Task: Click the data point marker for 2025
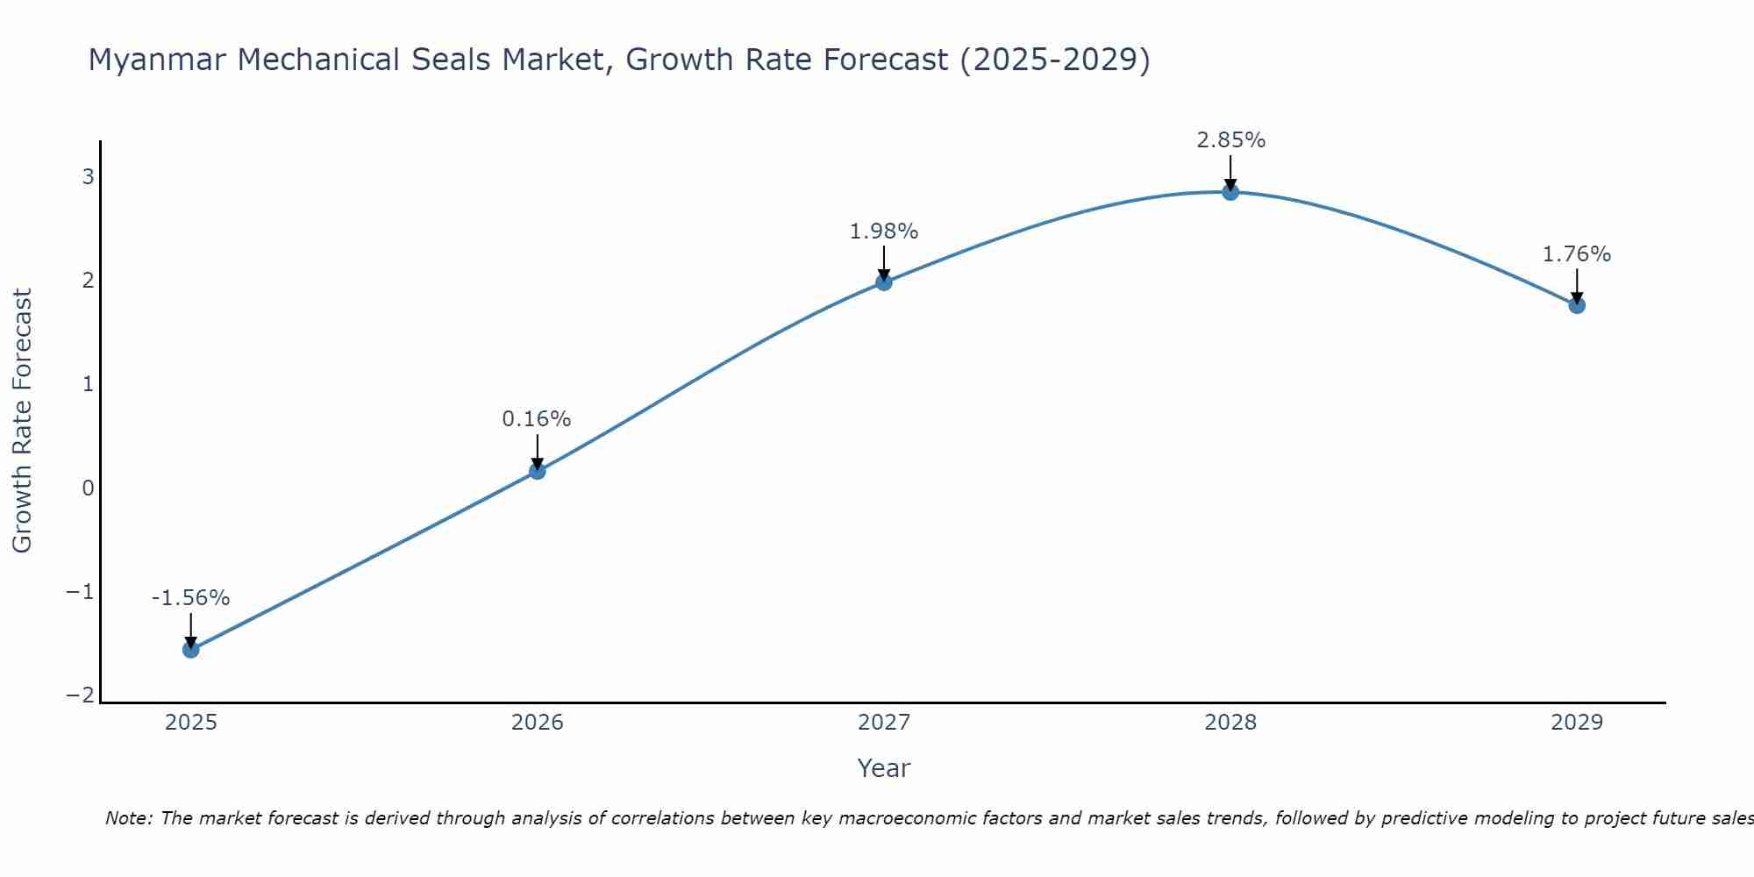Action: pyautogui.click(x=190, y=649)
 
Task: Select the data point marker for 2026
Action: pyautogui.click(x=537, y=471)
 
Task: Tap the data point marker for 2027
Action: pyautogui.click(x=883, y=282)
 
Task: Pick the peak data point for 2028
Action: pyautogui.click(x=1230, y=192)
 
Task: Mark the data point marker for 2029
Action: pyautogui.click(x=1576, y=305)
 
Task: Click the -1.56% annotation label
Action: pyautogui.click(x=190, y=598)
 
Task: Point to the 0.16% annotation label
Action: pyautogui.click(x=537, y=419)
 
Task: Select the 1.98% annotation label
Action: pyautogui.click(x=883, y=232)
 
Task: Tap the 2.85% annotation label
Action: pyautogui.click(x=1230, y=140)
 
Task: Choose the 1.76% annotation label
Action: pyautogui.click(x=1576, y=254)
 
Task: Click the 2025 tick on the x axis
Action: pyautogui.click(x=190, y=723)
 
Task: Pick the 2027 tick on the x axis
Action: pyautogui.click(x=883, y=723)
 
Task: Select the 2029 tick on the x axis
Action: pyautogui.click(x=1576, y=723)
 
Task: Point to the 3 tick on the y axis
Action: pyautogui.click(x=88, y=177)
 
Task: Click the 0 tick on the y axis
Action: pyautogui.click(x=88, y=488)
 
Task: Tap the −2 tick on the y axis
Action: pyautogui.click(x=81, y=695)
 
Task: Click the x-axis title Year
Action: pyautogui.click(x=883, y=768)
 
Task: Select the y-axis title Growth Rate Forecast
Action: pyautogui.click(x=23, y=421)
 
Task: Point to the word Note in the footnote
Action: pyautogui.click(x=128, y=818)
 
